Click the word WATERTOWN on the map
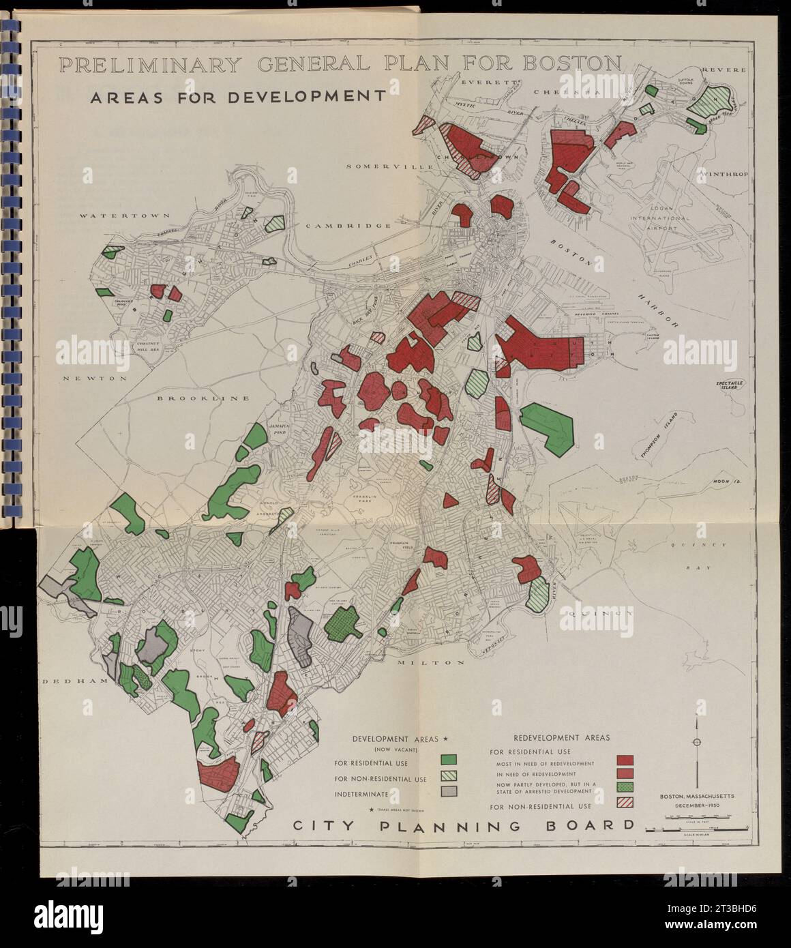[x=112, y=216]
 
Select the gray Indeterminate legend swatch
[x=447, y=792]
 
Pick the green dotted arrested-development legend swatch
[x=625, y=787]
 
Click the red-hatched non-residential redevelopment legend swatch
[x=625, y=803]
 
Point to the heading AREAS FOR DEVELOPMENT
[x=238, y=96]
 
